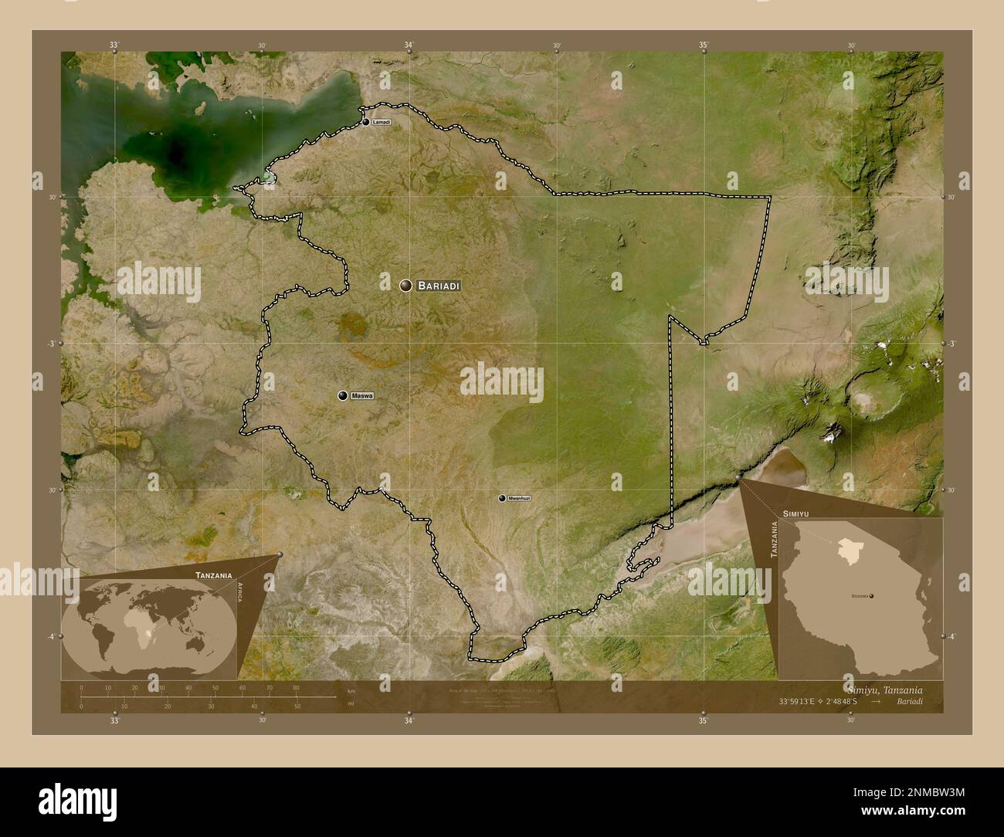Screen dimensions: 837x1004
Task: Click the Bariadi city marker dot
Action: pos(405,286)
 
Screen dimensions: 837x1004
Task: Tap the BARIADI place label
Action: pos(439,286)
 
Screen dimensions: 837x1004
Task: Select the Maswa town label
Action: pos(361,396)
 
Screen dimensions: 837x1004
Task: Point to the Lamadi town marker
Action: pos(366,122)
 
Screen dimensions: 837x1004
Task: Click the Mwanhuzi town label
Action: pos(520,499)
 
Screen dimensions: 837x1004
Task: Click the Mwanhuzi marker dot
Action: pos(502,498)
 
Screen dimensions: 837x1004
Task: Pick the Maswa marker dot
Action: pos(343,396)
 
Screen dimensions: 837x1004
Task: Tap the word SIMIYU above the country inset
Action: pos(795,513)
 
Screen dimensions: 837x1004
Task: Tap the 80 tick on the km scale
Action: pos(296,687)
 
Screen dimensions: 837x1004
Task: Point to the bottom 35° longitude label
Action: pos(703,721)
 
